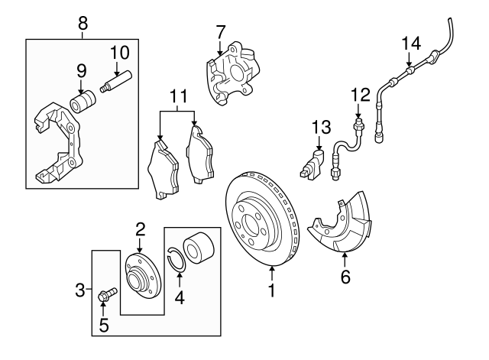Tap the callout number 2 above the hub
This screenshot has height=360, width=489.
[x=141, y=228]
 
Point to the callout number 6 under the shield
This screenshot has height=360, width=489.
[x=345, y=277]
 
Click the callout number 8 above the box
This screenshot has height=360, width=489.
[x=83, y=23]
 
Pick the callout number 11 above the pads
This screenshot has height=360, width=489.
[x=178, y=97]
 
